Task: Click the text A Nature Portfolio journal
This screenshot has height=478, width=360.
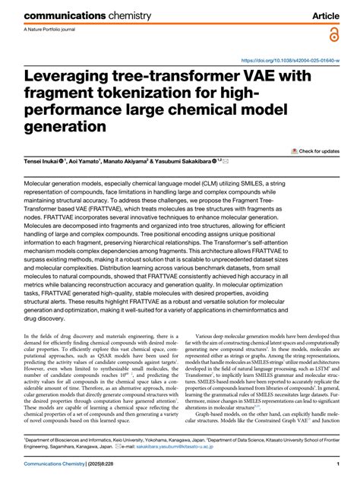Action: pyautogui.click(x=51, y=30)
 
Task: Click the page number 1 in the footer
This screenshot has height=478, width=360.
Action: pyautogui.click(x=336, y=465)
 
